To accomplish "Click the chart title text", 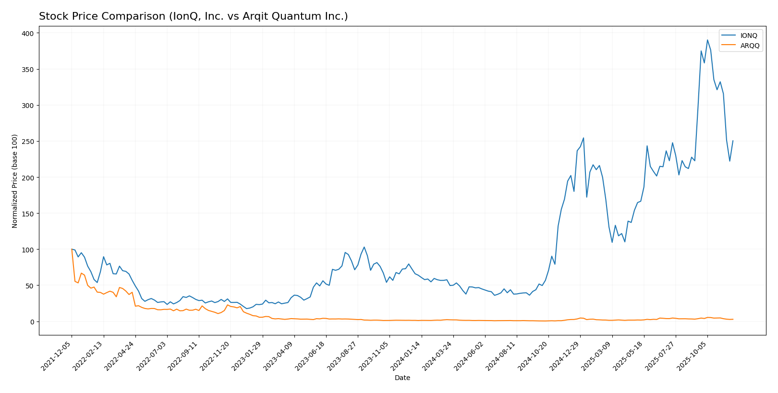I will [x=193, y=16].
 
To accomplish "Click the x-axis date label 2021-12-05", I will [x=57, y=356].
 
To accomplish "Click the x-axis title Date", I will [x=402, y=378].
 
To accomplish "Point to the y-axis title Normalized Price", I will [x=15, y=181].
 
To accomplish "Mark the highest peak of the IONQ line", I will [x=707, y=40].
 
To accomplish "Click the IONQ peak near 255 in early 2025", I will [x=583, y=138].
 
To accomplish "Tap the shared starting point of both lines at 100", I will [x=72, y=250].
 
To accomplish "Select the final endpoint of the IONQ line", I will [x=733, y=141].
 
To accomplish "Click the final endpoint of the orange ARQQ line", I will [x=733, y=319].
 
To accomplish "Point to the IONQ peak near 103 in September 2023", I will [x=364, y=247].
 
